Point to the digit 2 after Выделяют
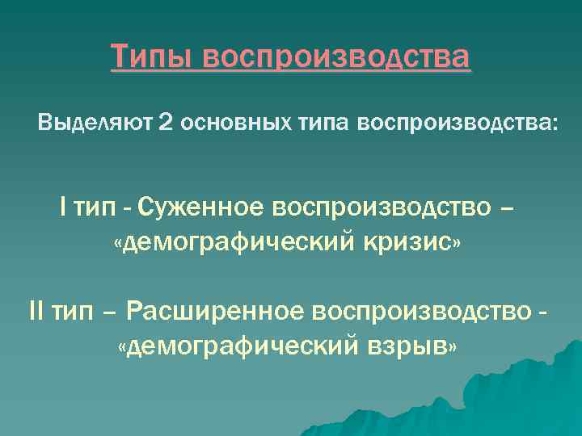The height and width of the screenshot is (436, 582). point(166,124)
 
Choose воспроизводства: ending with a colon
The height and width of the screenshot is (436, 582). point(458,124)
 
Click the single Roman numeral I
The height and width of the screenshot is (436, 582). point(63,208)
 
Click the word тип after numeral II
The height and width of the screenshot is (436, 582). point(77,310)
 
